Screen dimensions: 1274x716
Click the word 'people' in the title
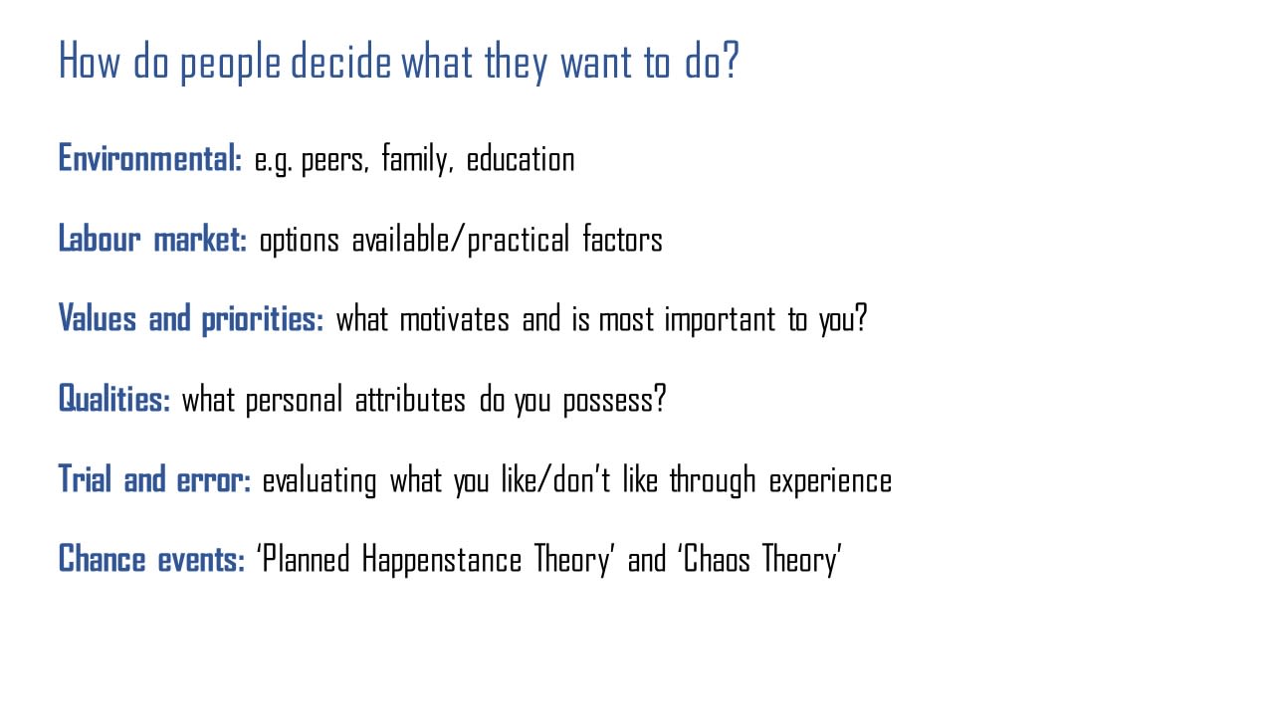(x=230, y=63)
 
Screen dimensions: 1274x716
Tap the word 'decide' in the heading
(x=340, y=61)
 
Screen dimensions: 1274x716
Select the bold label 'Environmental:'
(x=150, y=158)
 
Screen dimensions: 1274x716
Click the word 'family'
(x=417, y=159)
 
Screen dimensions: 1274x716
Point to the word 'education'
(x=521, y=159)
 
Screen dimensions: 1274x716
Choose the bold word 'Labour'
(x=100, y=239)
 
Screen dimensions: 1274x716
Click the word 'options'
(x=300, y=241)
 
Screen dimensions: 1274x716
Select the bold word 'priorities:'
(x=263, y=319)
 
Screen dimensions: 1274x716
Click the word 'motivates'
(x=455, y=319)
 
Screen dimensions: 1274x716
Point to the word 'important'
(x=720, y=320)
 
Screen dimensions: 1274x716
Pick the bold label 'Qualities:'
(x=114, y=399)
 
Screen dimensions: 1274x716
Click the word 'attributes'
(x=410, y=400)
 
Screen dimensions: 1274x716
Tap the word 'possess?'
(x=614, y=400)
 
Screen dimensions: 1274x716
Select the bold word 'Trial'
(x=85, y=479)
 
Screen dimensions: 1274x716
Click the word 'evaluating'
(x=319, y=480)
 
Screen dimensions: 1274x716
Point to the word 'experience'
(x=830, y=480)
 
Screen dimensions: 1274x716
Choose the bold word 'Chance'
(x=103, y=559)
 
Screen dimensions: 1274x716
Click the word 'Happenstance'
(x=441, y=560)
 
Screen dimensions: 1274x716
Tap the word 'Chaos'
(x=717, y=559)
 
